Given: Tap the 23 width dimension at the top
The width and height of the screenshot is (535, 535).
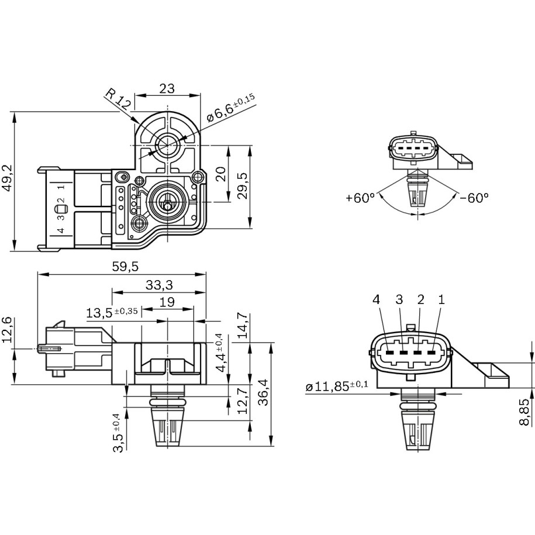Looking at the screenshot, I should [x=167, y=88].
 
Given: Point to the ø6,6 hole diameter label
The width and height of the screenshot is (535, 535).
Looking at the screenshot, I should [x=230, y=111].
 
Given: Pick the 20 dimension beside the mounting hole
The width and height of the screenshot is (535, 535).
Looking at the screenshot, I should [x=220, y=174].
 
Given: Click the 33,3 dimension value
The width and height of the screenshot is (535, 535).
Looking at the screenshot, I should [x=158, y=285].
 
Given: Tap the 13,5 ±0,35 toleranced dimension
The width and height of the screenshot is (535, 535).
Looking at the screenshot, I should [x=112, y=312].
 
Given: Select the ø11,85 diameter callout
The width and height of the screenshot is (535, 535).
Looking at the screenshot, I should [x=337, y=386].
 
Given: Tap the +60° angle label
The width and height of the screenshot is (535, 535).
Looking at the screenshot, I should [x=360, y=198].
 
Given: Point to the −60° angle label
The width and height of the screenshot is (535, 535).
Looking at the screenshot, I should [x=474, y=198].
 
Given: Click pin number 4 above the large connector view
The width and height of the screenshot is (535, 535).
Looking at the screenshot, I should [x=377, y=299].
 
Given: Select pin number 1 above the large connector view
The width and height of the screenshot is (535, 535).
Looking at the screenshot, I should [x=441, y=299].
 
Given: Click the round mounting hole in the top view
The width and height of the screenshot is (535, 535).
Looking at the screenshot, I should [x=168, y=143].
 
